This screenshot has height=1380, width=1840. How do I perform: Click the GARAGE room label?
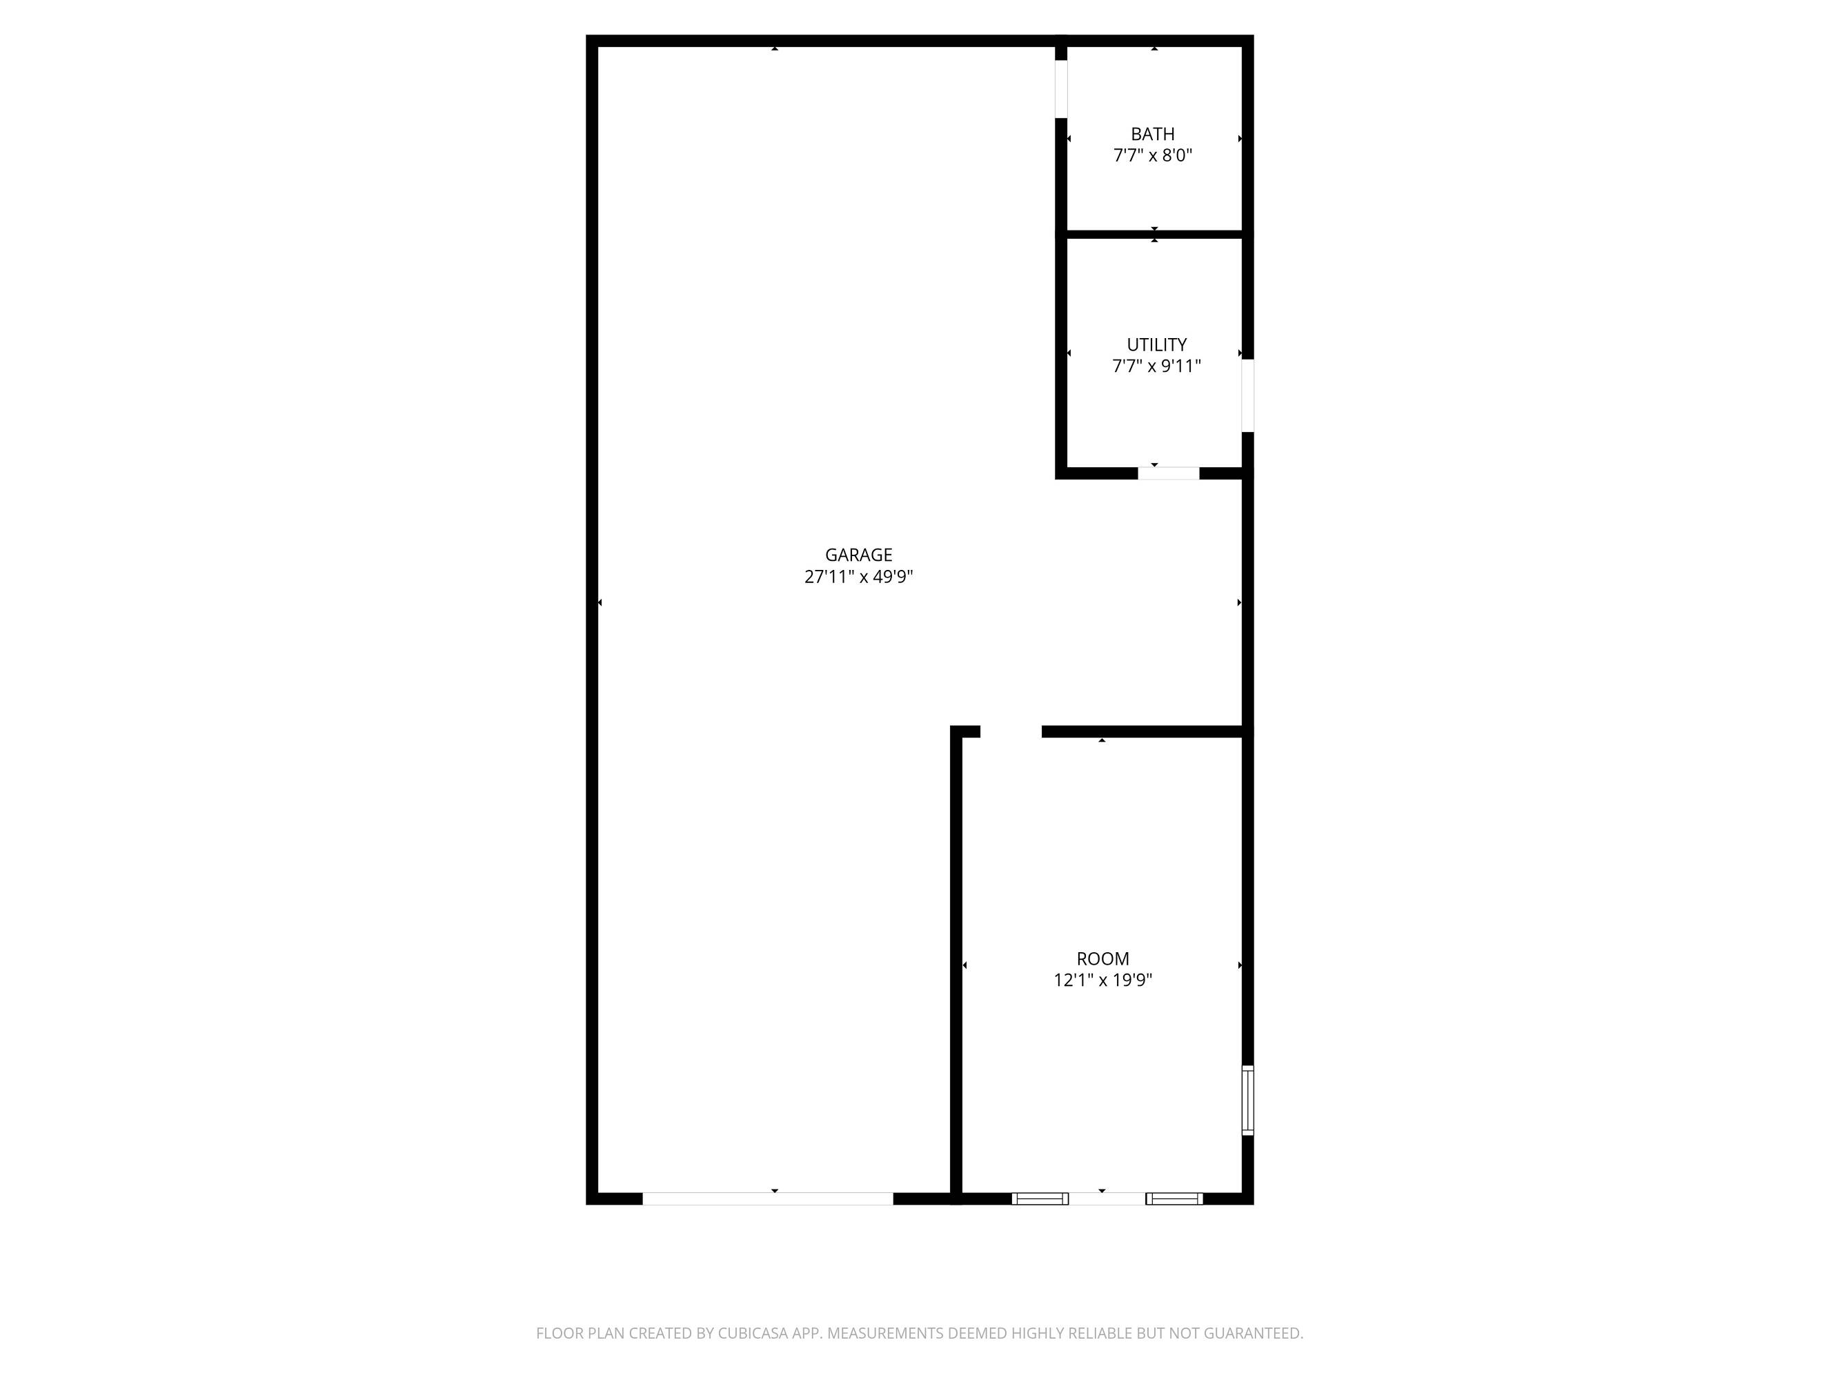point(858,555)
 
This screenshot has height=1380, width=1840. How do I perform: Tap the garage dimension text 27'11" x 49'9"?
point(858,576)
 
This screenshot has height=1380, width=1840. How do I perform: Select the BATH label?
point(1153,134)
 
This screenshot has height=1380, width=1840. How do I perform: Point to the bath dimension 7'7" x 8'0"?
point(1153,155)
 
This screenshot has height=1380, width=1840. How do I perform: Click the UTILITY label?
point(1156,344)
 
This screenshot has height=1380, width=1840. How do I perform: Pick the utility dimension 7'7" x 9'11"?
point(1156,366)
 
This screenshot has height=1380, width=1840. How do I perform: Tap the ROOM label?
point(1103,958)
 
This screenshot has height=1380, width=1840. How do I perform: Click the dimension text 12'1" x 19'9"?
point(1103,980)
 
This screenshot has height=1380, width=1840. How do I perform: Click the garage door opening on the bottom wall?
point(768,1199)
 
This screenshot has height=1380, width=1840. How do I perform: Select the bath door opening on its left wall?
point(1060,89)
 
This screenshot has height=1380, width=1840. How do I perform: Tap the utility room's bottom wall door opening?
point(1169,473)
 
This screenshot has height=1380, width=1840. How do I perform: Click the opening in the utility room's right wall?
point(1248,395)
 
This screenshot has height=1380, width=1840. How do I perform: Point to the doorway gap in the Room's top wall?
point(1011,732)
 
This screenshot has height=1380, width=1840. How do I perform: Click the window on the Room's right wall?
point(1248,1100)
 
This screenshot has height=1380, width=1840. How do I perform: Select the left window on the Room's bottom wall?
point(1040,1199)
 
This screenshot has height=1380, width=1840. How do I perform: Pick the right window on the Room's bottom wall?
point(1174,1199)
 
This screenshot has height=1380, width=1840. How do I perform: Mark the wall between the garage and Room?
point(956,965)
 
